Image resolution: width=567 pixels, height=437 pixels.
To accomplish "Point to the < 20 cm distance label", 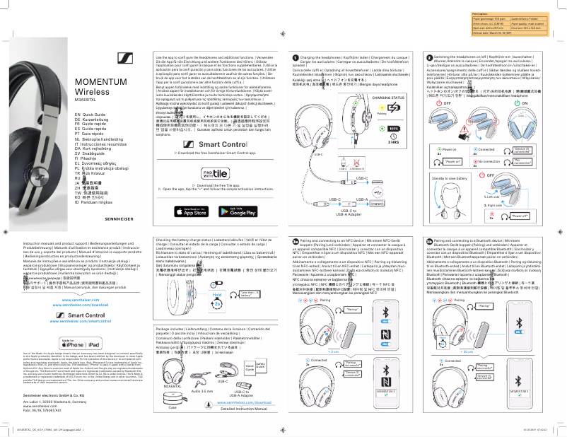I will point(467,350).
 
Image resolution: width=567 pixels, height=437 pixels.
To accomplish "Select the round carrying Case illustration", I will point(173,414).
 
